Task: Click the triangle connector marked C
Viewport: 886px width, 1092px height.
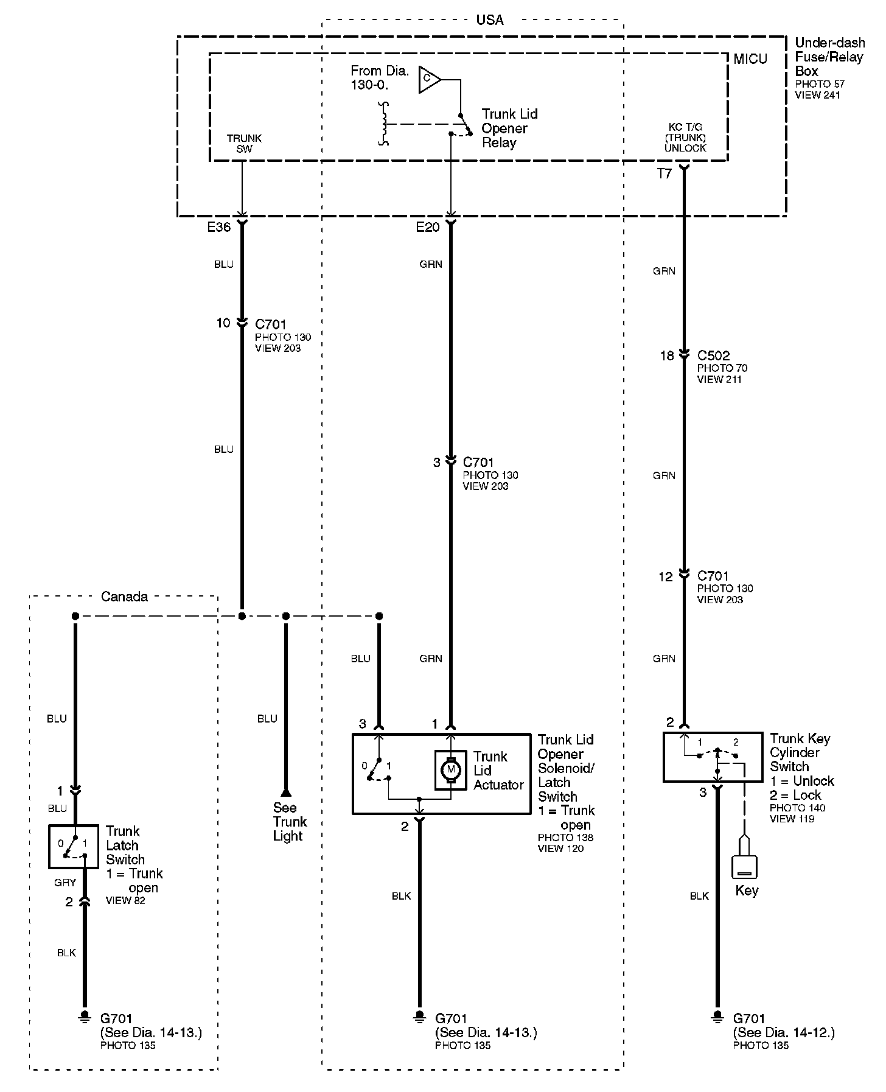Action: pos(428,80)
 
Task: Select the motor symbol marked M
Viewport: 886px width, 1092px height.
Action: pos(451,770)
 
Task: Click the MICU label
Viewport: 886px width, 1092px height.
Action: pos(750,59)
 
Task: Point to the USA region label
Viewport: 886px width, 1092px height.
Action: pos(489,20)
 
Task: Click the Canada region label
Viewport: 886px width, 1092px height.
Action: pos(124,597)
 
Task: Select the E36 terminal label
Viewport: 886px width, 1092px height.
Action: pos(219,227)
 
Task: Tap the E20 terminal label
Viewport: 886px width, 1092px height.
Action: pos(427,227)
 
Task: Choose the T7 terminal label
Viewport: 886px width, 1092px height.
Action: pos(664,174)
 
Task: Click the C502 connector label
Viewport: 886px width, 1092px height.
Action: pos(713,355)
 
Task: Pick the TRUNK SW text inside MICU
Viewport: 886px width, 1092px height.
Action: pos(244,144)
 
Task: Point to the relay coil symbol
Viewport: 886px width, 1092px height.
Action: pos(383,124)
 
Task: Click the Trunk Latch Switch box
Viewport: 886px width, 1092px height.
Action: pos(73,846)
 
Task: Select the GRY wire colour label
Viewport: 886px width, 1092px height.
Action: pos(65,882)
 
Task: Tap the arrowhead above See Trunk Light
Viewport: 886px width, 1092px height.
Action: pos(286,793)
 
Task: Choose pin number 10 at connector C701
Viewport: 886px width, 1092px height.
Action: pos(223,323)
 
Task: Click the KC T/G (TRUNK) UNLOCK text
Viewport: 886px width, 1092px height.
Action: pos(685,138)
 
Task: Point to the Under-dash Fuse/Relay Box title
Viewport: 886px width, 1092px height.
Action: pos(829,57)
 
